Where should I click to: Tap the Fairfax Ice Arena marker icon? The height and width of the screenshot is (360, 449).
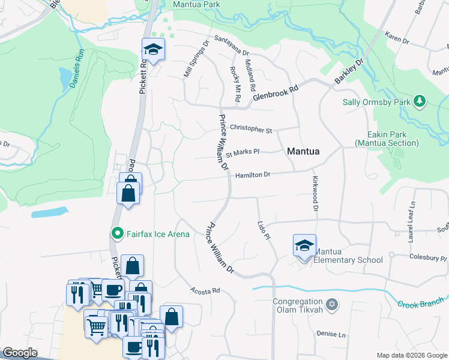coord(118,233)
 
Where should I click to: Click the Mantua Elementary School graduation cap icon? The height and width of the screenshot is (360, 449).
coord(305,246)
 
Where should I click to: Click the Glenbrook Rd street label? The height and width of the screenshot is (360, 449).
coord(275,93)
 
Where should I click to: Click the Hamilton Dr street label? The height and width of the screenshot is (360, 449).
coord(253,175)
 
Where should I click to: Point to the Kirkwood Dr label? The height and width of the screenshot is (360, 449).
coord(314,194)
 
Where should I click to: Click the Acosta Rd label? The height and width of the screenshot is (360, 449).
coord(205,290)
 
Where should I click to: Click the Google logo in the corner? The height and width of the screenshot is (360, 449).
coord(20,353)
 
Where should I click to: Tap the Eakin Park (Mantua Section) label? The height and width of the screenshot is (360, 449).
coord(387,139)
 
